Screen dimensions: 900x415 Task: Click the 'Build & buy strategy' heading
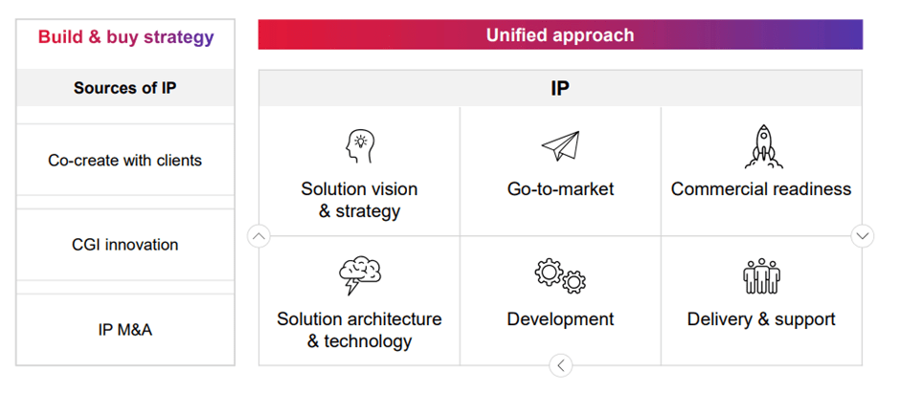coord(125,37)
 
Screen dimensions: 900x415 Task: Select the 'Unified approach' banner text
coord(560,35)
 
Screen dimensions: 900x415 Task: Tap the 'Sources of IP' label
coord(125,88)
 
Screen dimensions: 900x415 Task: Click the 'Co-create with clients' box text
coord(125,160)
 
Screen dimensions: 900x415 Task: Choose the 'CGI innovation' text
coord(125,245)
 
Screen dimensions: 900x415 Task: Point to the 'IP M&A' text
coord(125,330)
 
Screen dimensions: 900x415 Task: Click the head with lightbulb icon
coord(359,146)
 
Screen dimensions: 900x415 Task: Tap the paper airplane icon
coord(560,146)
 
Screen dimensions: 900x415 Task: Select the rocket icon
coord(763,146)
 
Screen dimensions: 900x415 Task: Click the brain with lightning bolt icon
coord(360,275)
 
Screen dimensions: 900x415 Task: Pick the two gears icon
coord(560,276)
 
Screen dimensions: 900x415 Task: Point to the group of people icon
coord(762,275)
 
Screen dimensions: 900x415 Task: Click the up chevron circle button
coord(259,236)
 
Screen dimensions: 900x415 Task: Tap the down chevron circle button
coord(863,235)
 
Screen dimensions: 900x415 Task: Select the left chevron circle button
coord(561,365)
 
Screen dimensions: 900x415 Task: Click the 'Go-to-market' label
coord(561,189)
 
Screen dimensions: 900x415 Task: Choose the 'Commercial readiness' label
coord(761,189)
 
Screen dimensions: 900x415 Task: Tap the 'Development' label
coord(561,318)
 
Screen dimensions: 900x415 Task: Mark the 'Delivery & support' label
coord(761,318)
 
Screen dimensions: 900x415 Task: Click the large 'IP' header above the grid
coord(560,88)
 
